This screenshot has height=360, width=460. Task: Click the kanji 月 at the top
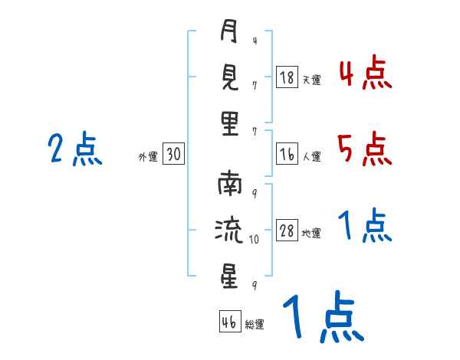pyautogui.click(x=228, y=31)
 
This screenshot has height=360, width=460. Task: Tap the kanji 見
pyautogui.click(x=229, y=77)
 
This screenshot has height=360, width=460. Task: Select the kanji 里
pyautogui.click(x=230, y=124)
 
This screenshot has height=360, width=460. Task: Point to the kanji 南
pyautogui.click(x=230, y=184)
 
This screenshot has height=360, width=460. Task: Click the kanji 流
pyautogui.click(x=229, y=230)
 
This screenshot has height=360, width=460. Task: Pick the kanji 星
pyautogui.click(x=229, y=276)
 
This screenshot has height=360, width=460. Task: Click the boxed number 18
pyautogui.click(x=287, y=77)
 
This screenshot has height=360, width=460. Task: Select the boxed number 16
pyautogui.click(x=287, y=154)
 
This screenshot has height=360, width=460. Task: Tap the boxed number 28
pyautogui.click(x=287, y=230)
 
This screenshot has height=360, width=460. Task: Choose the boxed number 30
pyautogui.click(x=173, y=154)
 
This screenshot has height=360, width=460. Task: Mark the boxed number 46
pyautogui.click(x=230, y=321)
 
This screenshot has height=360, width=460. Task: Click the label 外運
pyautogui.click(x=148, y=156)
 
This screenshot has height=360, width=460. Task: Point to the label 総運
pyautogui.click(x=255, y=324)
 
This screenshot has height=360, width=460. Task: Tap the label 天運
pyautogui.click(x=311, y=80)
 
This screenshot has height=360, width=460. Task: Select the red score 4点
pyautogui.click(x=366, y=73)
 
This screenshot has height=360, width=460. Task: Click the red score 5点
pyautogui.click(x=365, y=149)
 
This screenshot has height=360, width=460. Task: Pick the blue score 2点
pyautogui.click(x=75, y=149)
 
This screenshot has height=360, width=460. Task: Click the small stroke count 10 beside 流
pyautogui.click(x=254, y=240)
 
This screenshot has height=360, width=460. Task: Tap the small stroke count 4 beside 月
pyautogui.click(x=255, y=41)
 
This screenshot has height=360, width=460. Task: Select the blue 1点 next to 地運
pyautogui.click(x=365, y=225)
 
